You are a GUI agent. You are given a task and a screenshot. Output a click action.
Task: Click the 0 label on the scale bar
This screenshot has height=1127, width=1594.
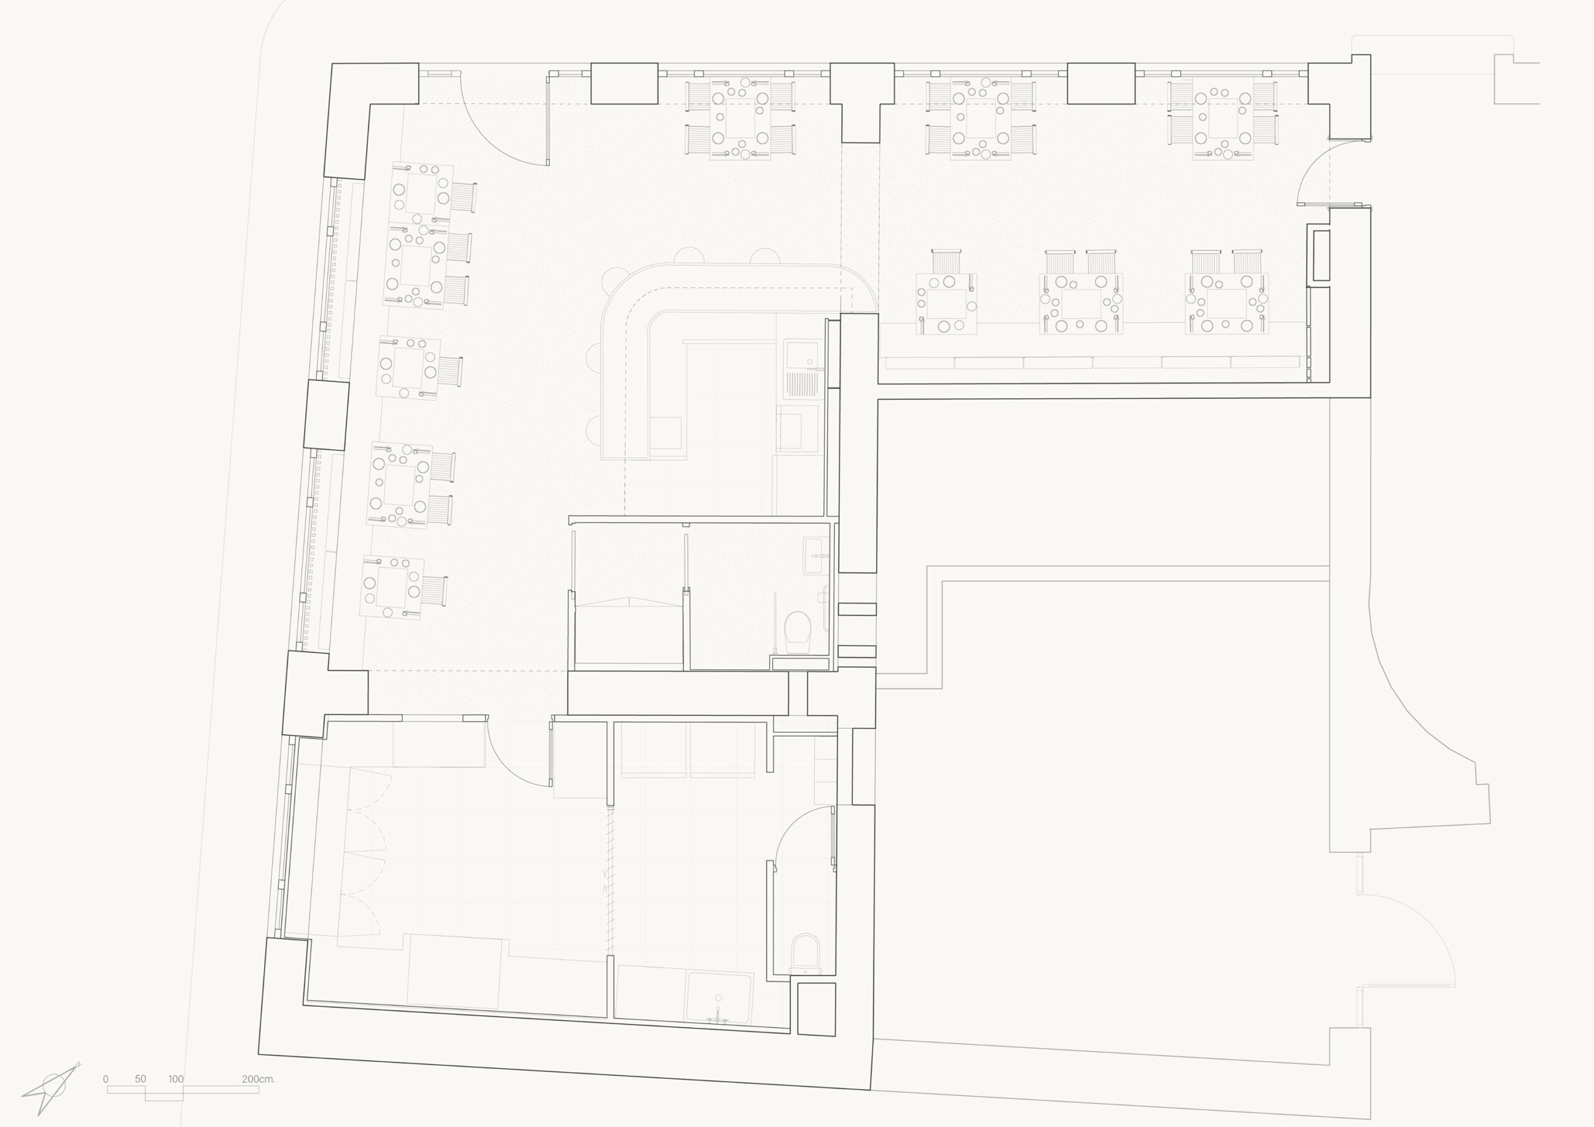(105, 1079)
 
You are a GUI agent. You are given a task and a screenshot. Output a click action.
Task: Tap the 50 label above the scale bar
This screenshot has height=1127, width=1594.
(140, 1079)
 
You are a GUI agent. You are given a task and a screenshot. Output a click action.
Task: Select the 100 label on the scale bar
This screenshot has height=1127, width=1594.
(176, 1079)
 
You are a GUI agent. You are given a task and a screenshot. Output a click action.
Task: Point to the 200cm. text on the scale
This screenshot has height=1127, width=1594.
(258, 1079)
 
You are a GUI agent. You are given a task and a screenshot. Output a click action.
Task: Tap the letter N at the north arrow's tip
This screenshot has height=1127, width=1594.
(78, 1064)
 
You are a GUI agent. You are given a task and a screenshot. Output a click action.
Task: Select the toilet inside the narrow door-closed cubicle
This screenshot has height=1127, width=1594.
(805, 953)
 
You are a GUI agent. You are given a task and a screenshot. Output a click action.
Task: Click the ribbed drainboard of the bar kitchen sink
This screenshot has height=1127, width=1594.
(801, 385)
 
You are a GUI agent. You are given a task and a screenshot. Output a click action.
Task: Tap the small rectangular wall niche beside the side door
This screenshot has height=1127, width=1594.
(1321, 255)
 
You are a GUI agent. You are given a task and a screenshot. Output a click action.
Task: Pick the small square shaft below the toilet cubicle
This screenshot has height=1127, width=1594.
(816, 1008)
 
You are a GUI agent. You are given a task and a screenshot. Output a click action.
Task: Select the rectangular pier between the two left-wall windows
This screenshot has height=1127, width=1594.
(326, 415)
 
